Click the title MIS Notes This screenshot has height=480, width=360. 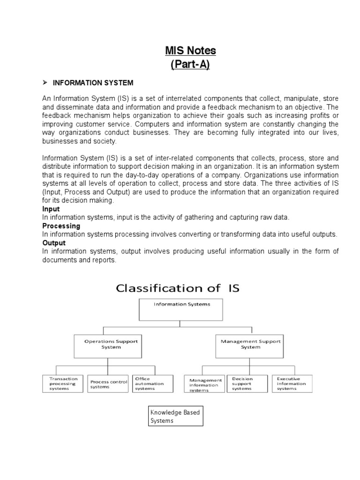click(x=190, y=50)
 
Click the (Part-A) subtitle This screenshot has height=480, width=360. click(x=190, y=65)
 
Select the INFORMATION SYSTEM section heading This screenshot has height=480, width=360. click(x=93, y=83)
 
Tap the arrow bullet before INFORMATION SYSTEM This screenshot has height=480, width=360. click(x=45, y=82)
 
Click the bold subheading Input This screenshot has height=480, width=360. click(x=51, y=209)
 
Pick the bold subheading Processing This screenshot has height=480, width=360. click(x=61, y=226)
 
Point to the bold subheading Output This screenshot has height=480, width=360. click(x=54, y=243)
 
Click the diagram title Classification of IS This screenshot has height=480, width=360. click(x=178, y=288)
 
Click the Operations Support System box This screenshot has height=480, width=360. click(x=108, y=345)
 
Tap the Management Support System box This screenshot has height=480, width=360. click(x=250, y=345)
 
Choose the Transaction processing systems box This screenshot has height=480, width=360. click(x=63, y=383)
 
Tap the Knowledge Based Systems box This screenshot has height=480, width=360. click(x=175, y=416)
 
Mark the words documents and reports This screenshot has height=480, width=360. click(x=79, y=260)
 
